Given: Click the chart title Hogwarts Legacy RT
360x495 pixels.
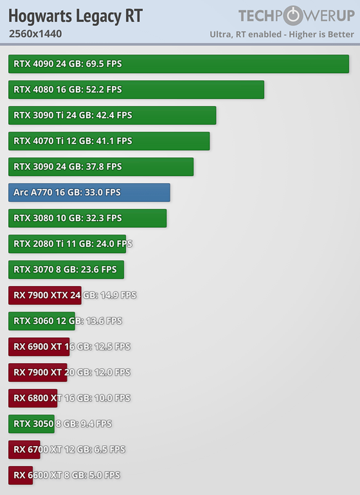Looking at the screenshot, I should pyautogui.click(x=75, y=16).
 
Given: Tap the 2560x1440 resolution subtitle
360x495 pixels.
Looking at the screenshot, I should pyautogui.click(x=35, y=34).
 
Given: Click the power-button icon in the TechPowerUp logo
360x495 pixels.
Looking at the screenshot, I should pyautogui.click(x=288, y=16).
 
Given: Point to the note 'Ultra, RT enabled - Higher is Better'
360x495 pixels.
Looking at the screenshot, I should pyautogui.click(x=282, y=34).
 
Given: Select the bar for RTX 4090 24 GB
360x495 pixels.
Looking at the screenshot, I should pyautogui.click(x=178, y=64).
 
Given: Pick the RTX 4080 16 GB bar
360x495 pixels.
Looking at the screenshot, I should pyautogui.click(x=136, y=90).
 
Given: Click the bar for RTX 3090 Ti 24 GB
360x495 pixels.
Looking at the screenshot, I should pyautogui.click(x=112, y=115).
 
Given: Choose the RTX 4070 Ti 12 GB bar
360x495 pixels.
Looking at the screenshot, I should pyautogui.click(x=109, y=141).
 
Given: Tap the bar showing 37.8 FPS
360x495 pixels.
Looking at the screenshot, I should pyautogui.click(x=101, y=167).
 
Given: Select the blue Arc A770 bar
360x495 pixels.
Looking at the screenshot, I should pyautogui.click(x=89, y=192).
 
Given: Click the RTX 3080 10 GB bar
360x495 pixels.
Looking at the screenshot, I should pyautogui.click(x=87, y=218).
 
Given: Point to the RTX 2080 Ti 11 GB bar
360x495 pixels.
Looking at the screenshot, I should pyautogui.click(x=67, y=244).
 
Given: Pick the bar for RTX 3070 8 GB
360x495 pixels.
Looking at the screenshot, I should pyautogui.click(x=66, y=270).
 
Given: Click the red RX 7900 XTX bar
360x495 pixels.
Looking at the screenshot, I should pyautogui.click(x=44, y=295).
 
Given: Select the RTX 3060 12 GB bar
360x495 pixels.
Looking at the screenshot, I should pyautogui.click(x=42, y=321).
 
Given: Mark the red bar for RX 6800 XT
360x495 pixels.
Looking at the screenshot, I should pyautogui.click(x=33, y=398).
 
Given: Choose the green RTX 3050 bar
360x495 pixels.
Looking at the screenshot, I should pyautogui.click(x=31, y=424).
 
